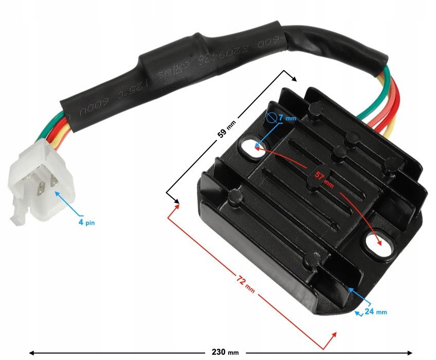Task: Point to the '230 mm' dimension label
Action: tap(222, 353)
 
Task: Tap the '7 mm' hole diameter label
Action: tap(288, 119)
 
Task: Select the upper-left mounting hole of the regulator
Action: tap(250, 147)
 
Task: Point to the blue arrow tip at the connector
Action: tap(57, 193)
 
